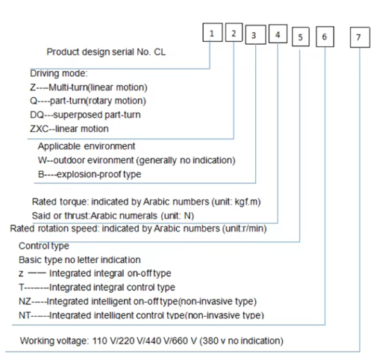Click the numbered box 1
pos(213,32)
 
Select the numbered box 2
pos(234,32)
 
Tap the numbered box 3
pos(255,34)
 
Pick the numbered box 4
pos(278,34)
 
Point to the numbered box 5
pos(301,37)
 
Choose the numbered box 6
pos(325,37)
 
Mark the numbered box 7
pos(360,37)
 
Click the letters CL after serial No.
pos(160,52)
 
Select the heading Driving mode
pos(59,73)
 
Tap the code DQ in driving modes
pos(37,115)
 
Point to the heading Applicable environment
pos(87,146)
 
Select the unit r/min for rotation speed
pos(254,229)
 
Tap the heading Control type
pos(44,246)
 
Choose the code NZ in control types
pos(25,302)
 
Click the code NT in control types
pos(25,315)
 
